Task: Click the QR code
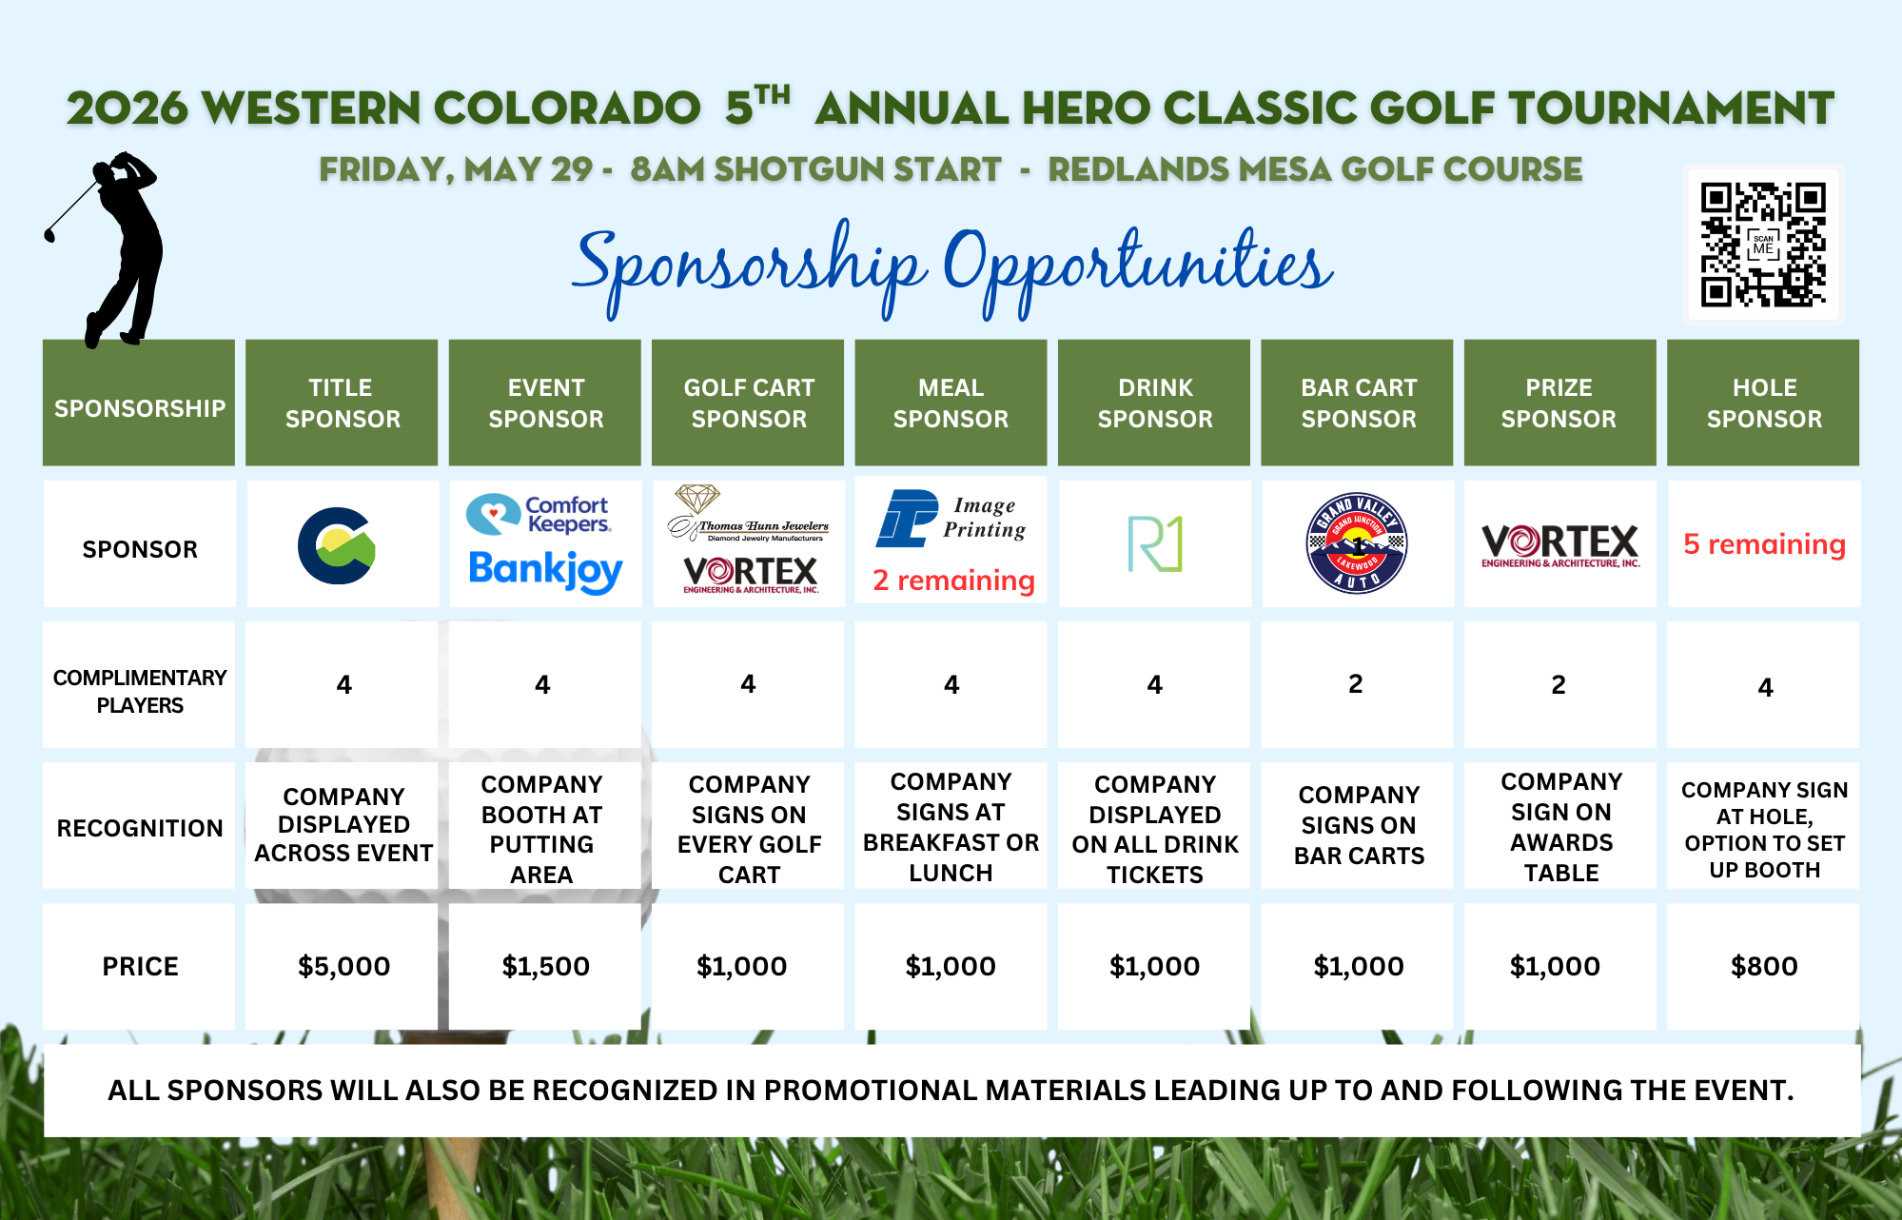tap(1763, 245)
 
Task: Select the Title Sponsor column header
tap(342, 403)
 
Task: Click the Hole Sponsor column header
tap(1763, 403)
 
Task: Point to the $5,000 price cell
tap(343, 966)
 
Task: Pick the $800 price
tap(1764, 966)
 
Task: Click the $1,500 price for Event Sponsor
tap(545, 966)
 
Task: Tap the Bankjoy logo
tap(545, 571)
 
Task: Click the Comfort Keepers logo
tap(539, 515)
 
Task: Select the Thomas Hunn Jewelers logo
tap(748, 514)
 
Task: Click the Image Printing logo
tap(951, 518)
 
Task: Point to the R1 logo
tap(1154, 543)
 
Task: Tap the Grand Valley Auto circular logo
tap(1357, 543)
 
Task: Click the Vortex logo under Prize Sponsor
tap(1560, 545)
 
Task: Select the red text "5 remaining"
tap(1764, 543)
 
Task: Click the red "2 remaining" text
tap(953, 580)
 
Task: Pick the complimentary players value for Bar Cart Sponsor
tap(1356, 683)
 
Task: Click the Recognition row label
tap(140, 828)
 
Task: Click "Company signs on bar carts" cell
tap(1359, 825)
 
